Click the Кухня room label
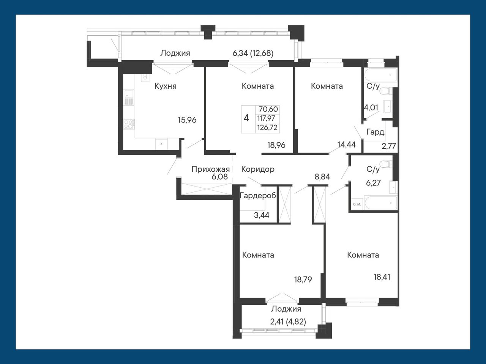166,86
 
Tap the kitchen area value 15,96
187,120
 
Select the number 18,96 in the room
276,145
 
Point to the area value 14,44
347,145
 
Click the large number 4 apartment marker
246,118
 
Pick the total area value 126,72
267,128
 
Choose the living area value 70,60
268,109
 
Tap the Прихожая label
211,169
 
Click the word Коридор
258,169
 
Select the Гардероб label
258,196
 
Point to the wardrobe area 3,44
262,215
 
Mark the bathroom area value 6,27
373,183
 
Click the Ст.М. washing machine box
357,204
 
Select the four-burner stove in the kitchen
129,124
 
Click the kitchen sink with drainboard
129,97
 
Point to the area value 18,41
382,277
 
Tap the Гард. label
376,132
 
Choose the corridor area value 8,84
322,177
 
